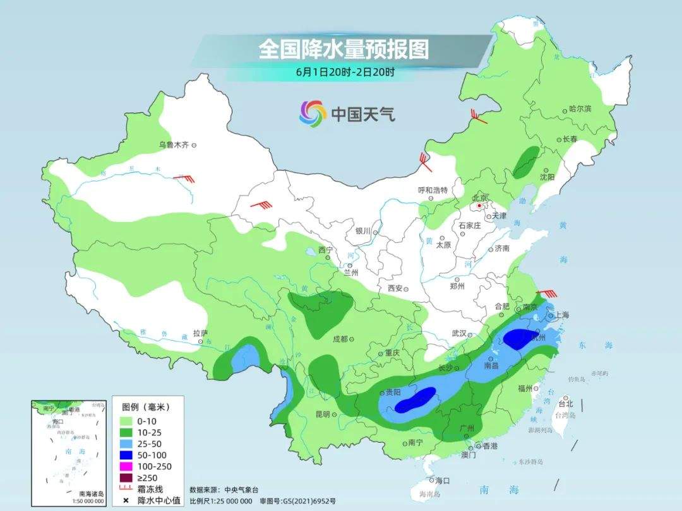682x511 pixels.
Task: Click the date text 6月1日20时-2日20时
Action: pyautogui.click(x=345, y=72)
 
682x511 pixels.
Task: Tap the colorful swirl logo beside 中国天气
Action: pyautogui.click(x=312, y=114)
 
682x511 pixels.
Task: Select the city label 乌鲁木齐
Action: pyautogui.click(x=174, y=145)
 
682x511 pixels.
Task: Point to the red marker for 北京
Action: pyautogui.click(x=480, y=206)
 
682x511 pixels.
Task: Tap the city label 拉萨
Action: pyautogui.click(x=200, y=333)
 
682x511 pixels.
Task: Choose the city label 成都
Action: pyautogui.click(x=340, y=339)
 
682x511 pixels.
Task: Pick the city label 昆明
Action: pyautogui.click(x=322, y=414)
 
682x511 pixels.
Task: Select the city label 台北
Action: pyautogui.click(x=566, y=404)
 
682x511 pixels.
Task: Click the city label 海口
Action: pyautogui.click(x=442, y=481)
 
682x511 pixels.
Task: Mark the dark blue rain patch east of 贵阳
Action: pyautogui.click(x=416, y=399)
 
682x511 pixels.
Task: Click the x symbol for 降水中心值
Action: pyautogui.click(x=126, y=501)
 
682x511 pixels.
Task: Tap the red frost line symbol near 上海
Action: pyautogui.click(x=549, y=293)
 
